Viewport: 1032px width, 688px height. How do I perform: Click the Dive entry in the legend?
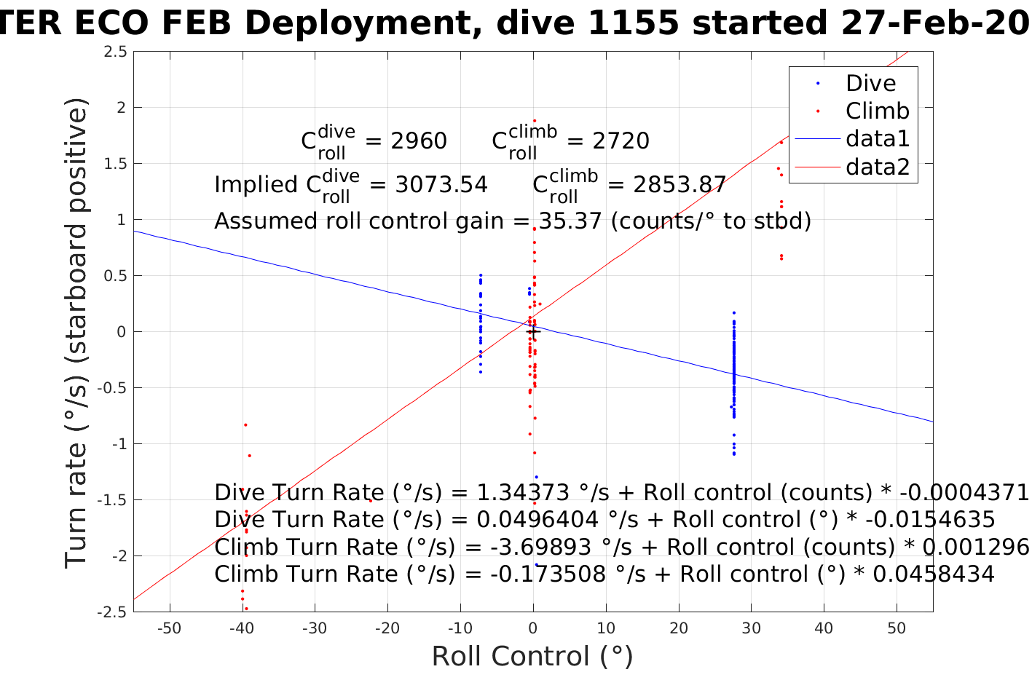pos(870,83)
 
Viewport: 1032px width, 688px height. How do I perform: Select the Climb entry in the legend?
pos(877,111)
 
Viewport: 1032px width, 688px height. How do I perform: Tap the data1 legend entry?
pos(877,138)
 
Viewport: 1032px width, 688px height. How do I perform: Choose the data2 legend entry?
pos(877,167)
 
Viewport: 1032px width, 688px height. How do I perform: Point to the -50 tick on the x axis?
pos(169,628)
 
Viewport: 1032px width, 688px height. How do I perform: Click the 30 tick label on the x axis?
pos(751,628)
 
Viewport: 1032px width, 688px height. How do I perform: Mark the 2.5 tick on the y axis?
pos(115,52)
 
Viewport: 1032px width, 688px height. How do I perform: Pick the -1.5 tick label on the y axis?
pos(112,500)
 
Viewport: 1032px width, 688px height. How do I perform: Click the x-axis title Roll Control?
pos(532,657)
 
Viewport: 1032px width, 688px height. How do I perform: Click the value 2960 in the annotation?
pos(419,141)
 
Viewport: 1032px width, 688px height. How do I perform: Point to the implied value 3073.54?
pos(441,184)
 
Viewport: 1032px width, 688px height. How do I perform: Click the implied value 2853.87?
pos(679,184)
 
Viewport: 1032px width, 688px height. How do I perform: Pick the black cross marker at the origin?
pos(533,332)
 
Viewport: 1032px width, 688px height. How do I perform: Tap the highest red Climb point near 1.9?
pos(534,121)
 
